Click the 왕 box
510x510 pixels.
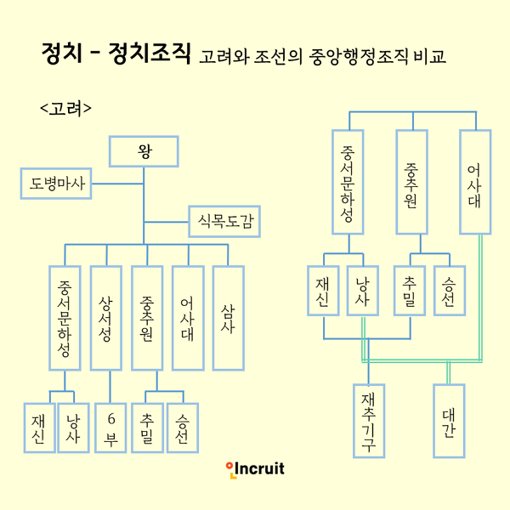[x=144, y=151]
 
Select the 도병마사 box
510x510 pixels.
[x=56, y=184]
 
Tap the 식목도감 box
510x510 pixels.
[x=224, y=222]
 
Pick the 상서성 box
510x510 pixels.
[x=106, y=318]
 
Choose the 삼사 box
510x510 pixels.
[x=229, y=318]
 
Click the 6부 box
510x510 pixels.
[x=110, y=428]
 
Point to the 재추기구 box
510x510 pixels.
[x=369, y=422]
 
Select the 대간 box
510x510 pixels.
[x=449, y=422]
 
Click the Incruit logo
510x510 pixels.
[x=255, y=469]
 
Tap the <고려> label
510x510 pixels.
[x=65, y=108]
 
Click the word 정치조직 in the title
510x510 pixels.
[x=150, y=53]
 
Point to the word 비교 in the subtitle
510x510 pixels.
[x=429, y=56]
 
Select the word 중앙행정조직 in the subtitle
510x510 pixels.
[x=358, y=57]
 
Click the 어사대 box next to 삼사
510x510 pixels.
[x=188, y=318]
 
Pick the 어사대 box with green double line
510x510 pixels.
[x=475, y=182]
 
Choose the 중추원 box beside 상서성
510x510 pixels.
[x=147, y=318]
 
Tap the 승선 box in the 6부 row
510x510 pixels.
[x=183, y=428]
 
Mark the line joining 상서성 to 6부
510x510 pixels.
[x=110, y=387]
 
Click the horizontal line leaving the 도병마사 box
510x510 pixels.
[x=118, y=184]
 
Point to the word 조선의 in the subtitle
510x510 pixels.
[x=278, y=57]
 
